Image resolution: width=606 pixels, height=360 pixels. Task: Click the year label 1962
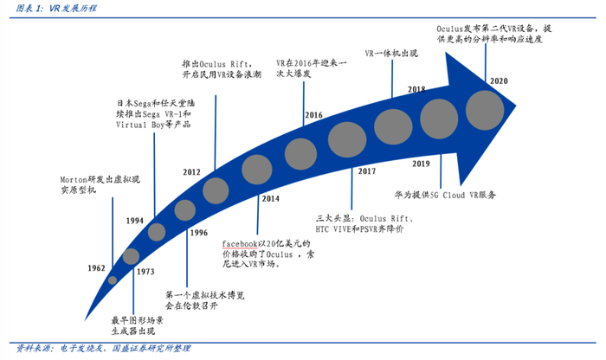[97, 269]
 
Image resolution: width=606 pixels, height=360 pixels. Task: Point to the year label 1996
[198, 233]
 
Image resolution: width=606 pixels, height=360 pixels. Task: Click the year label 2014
[270, 199]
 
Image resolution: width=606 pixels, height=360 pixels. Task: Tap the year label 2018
[416, 89]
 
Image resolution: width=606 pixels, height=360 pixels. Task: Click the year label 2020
[499, 80]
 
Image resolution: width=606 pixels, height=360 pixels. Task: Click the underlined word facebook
[240, 244]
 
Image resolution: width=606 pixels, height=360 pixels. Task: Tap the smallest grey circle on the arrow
[113, 280]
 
